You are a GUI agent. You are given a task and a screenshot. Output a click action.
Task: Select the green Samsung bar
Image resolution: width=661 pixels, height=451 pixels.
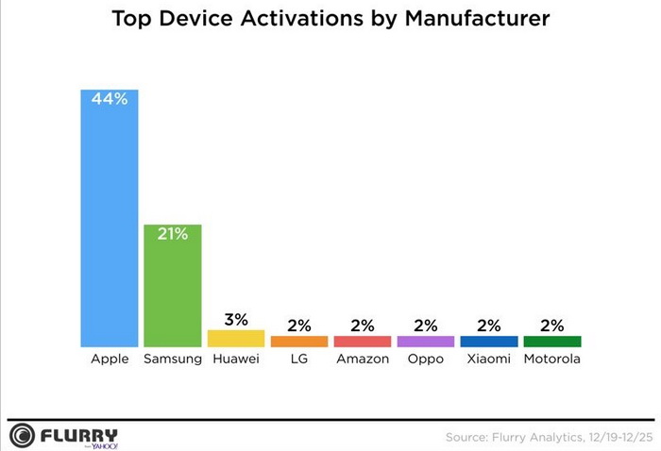coord(173,288)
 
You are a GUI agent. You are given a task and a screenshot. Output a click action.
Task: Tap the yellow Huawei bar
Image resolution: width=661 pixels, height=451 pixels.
coord(236,339)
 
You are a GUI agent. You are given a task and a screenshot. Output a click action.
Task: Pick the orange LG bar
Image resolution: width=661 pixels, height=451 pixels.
coord(299,342)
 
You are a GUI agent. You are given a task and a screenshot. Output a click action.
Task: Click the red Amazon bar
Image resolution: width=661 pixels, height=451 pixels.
coord(363,342)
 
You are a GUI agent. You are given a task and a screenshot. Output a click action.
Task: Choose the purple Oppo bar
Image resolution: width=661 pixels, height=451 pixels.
coord(426,342)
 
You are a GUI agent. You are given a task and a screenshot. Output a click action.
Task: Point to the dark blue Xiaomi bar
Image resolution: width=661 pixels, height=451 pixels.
coord(489,342)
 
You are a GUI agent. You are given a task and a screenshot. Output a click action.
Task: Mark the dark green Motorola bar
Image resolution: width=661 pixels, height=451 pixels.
coord(552,342)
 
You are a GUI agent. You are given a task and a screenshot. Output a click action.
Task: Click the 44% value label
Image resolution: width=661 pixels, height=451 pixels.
coord(110,98)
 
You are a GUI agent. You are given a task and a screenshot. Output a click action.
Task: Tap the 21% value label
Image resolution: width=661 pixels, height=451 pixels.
coord(173,234)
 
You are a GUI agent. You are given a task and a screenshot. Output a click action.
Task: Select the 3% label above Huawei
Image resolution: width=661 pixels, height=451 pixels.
coord(236,318)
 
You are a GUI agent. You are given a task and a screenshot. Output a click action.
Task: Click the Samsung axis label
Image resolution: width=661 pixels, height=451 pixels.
coord(173,359)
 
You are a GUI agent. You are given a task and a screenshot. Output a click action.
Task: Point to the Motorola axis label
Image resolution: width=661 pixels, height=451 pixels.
coord(552,359)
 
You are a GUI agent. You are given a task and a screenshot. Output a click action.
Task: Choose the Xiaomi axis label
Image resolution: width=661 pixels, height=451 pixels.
coord(489,359)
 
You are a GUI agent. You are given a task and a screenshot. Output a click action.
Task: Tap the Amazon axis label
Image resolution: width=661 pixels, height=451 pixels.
coord(363,359)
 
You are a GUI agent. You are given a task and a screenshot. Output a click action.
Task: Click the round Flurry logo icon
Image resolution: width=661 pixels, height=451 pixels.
coord(22,436)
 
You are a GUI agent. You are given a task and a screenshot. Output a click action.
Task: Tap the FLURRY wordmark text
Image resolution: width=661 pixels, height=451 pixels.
coord(79,434)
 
